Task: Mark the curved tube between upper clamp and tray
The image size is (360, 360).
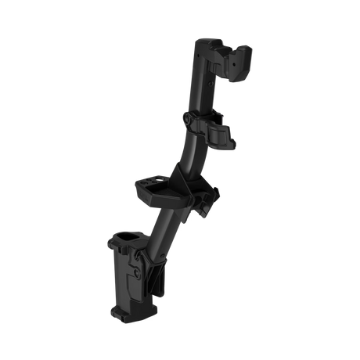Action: click(x=188, y=153)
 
